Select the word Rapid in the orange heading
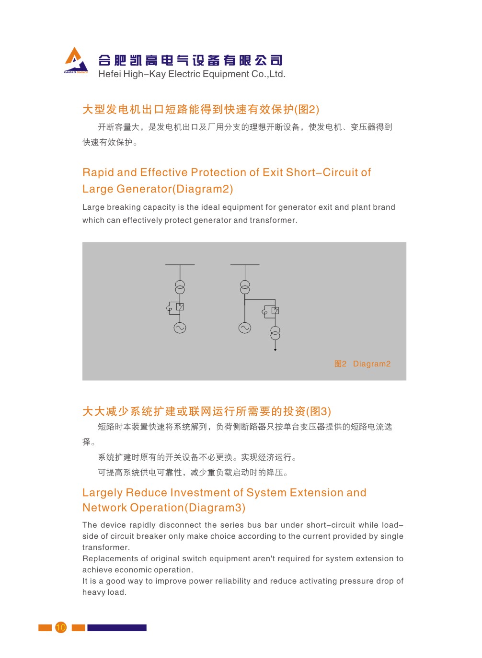[98, 172]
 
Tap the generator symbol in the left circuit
[180, 328]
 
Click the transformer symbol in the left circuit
[180, 287]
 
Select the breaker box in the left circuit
[180, 307]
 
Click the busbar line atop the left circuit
[180, 265]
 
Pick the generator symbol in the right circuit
[245, 328]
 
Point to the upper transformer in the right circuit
[245, 287]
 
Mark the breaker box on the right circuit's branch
[275, 311]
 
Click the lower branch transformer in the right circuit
[275, 333]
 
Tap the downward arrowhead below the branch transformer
[275, 350]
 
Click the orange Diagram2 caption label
[371, 364]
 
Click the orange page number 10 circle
[61, 627]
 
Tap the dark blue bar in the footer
[116, 627]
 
